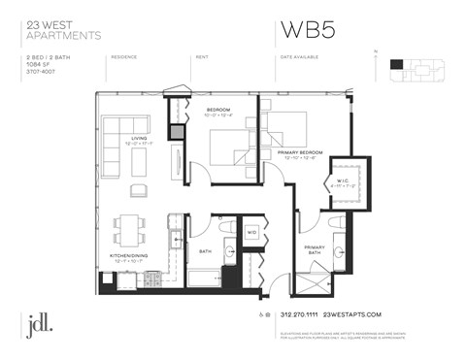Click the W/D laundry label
pyautogui.click(x=250, y=232)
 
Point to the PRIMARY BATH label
pyautogui.click(x=315, y=248)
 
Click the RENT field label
pyautogui.click(x=203, y=57)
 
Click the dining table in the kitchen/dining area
pyautogui.click(x=129, y=229)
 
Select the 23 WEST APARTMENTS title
pyautogui.click(x=63, y=29)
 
